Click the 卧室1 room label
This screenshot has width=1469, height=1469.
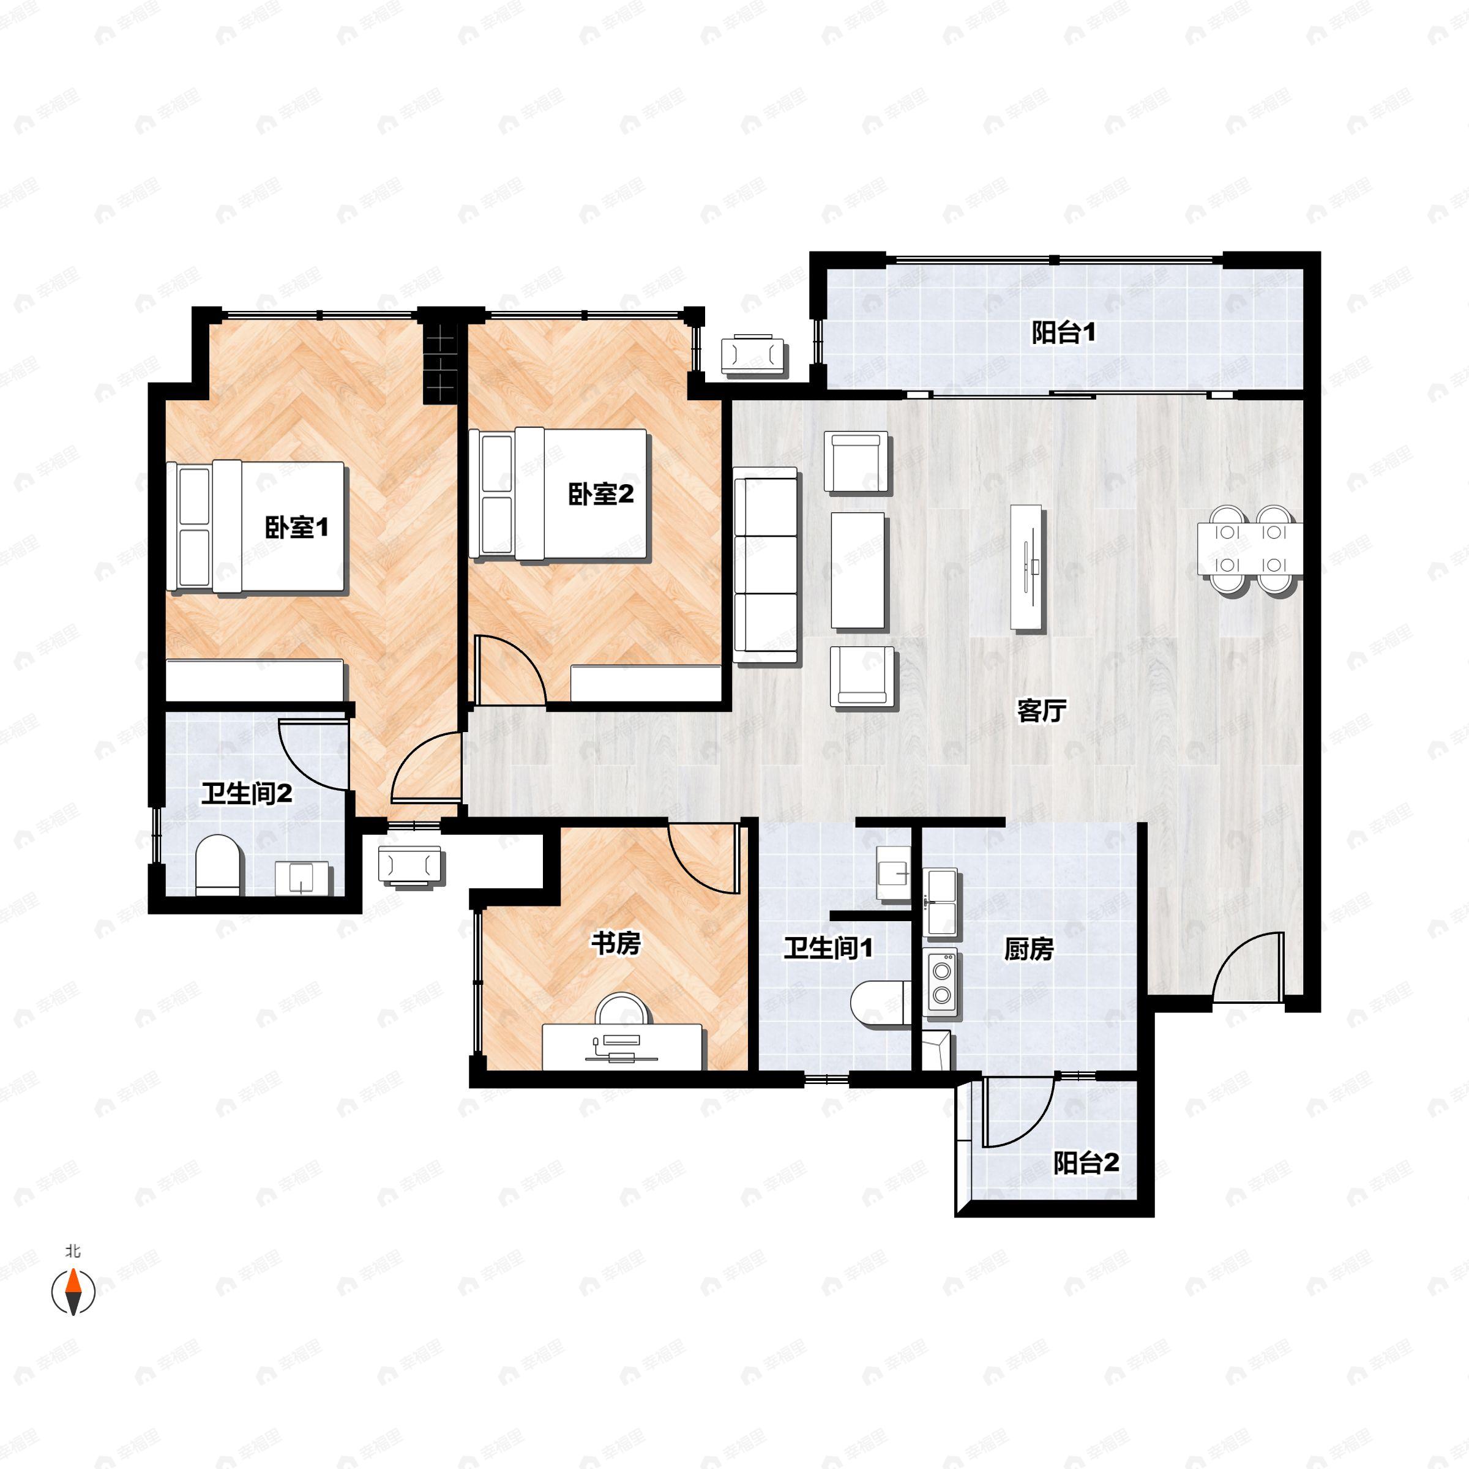(x=296, y=526)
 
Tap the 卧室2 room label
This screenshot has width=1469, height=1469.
(x=600, y=494)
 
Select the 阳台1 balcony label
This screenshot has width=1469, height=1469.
(x=1063, y=332)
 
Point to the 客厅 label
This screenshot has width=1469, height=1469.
(x=1041, y=711)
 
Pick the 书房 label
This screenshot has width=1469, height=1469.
(x=616, y=944)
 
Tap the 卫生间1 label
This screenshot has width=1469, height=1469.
(x=828, y=948)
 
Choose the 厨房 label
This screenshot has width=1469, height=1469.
(x=1028, y=949)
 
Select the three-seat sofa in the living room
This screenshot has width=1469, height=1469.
(x=766, y=559)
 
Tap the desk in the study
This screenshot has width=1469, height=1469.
(x=622, y=1046)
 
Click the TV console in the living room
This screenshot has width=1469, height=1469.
(x=1026, y=566)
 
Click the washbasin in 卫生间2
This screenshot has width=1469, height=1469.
(x=302, y=878)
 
